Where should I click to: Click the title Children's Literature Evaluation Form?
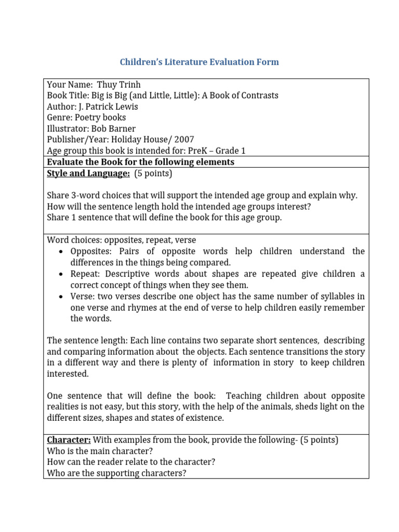(x=199, y=62)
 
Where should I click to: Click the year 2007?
(x=184, y=140)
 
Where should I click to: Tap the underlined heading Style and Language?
(x=88, y=174)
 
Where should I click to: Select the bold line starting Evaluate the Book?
(x=140, y=162)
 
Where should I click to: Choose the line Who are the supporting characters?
(x=116, y=473)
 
